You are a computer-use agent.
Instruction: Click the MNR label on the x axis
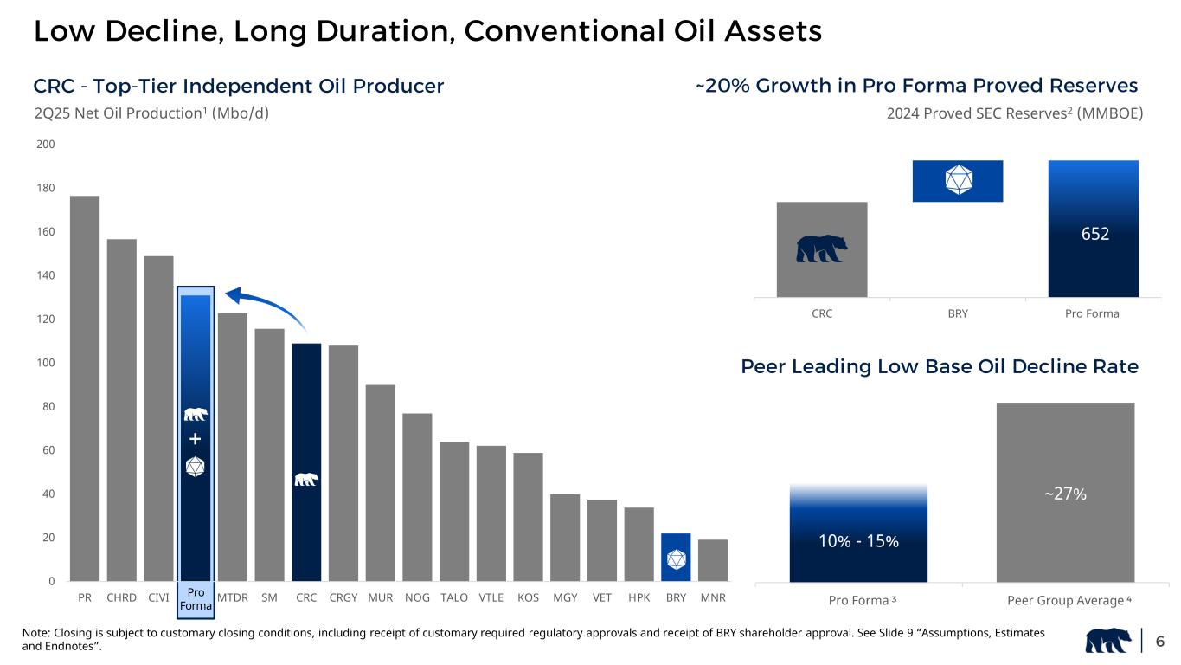pos(713,598)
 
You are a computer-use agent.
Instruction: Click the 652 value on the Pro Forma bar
pos(1093,234)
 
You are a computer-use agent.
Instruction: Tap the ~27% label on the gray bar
pos(1065,494)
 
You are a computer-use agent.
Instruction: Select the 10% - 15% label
pos(858,541)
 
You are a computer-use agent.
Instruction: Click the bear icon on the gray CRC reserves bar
pos(822,249)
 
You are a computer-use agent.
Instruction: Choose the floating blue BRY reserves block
pos(957,181)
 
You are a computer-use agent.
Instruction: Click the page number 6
pos(1159,642)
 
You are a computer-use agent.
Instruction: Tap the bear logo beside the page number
pos(1111,642)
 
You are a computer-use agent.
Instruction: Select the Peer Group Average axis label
pos(1065,601)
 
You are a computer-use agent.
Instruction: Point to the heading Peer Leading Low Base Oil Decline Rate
pos(939,367)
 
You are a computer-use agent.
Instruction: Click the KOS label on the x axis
pos(528,598)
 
